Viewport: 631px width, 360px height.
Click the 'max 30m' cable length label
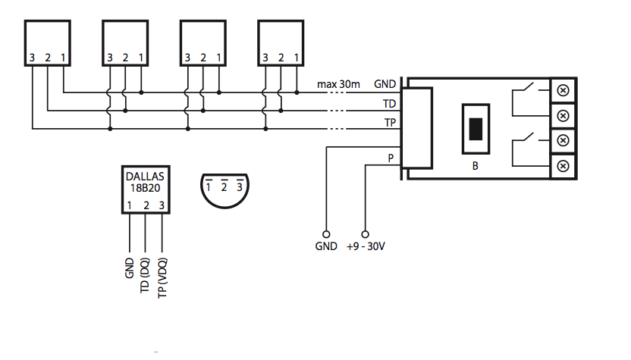pos(338,83)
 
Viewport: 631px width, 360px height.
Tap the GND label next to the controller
pos(385,83)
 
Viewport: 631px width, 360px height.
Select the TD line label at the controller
pos(389,102)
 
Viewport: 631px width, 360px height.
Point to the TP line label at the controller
pos(389,121)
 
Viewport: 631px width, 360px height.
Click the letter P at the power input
pos(391,158)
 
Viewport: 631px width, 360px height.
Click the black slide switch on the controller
pos(476,128)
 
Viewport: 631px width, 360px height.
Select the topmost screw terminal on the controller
pos(563,89)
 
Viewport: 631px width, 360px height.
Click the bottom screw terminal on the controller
pos(563,166)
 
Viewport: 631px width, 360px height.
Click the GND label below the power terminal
pos(325,247)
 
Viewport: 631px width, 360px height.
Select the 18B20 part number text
pos(145,189)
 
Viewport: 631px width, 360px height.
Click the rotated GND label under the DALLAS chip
pos(129,268)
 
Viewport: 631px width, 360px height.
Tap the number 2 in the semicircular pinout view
pos(224,186)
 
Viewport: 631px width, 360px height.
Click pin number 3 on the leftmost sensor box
pos(33,58)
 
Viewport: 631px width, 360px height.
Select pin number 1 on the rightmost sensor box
pos(297,58)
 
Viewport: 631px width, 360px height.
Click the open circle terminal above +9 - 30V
pos(365,234)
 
